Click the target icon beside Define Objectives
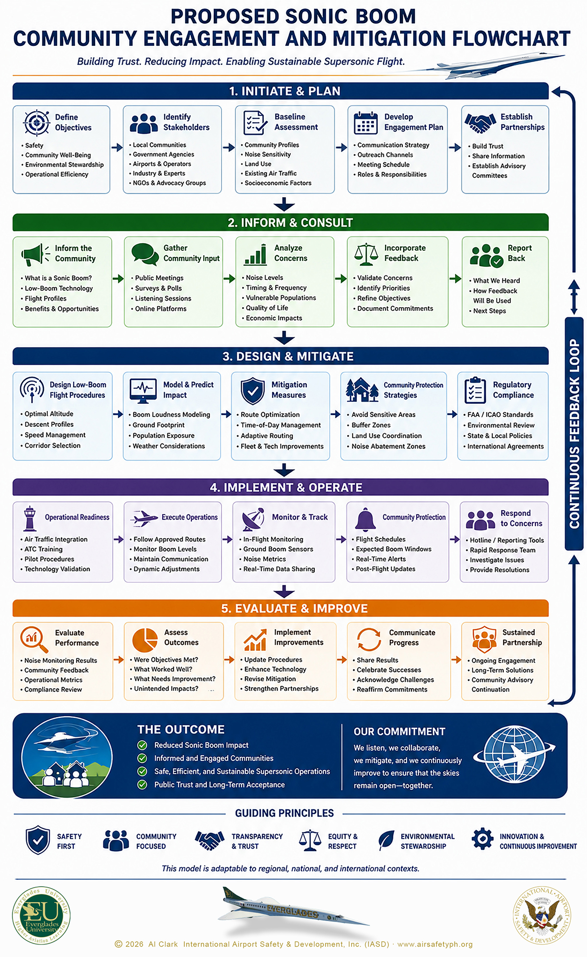click(x=36, y=122)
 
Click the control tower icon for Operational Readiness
click(x=30, y=518)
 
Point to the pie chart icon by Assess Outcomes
click(x=144, y=639)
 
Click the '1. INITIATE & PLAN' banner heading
click(x=285, y=91)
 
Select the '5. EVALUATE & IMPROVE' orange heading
click(x=294, y=608)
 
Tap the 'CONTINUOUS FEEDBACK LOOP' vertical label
click(x=574, y=434)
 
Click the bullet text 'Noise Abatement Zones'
click(x=388, y=446)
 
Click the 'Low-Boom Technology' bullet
click(x=59, y=289)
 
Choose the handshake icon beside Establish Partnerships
click(x=480, y=123)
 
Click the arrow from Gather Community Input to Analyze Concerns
click(x=229, y=278)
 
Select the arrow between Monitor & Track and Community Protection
click(x=341, y=539)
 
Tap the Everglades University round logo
click(x=41, y=915)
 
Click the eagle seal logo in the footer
click(x=542, y=915)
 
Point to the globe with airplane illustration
click(x=514, y=755)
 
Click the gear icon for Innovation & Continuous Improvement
click(x=482, y=839)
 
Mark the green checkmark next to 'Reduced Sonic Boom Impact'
click(x=142, y=745)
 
